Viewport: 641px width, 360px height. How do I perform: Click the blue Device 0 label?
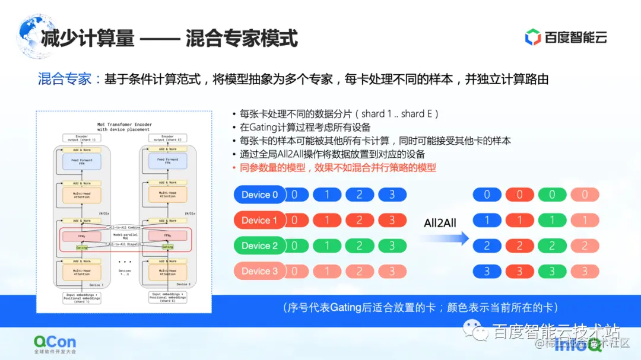click(259, 195)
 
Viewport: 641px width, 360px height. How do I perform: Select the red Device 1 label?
click(259, 221)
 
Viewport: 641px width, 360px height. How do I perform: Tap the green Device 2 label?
click(259, 246)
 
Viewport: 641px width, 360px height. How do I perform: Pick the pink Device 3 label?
click(259, 271)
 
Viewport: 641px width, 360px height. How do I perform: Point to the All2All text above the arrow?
click(440, 223)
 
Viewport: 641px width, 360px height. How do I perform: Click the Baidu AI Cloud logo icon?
click(533, 37)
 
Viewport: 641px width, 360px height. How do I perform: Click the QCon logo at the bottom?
click(55, 343)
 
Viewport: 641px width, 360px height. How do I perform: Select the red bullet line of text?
click(338, 168)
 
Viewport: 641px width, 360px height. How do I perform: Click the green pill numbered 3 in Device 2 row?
click(392, 246)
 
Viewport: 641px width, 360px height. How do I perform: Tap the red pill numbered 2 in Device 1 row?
click(359, 221)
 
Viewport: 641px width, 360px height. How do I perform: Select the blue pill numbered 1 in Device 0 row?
click(327, 195)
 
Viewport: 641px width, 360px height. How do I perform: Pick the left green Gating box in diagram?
click(82, 247)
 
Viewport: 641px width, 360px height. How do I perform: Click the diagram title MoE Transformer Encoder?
click(124, 125)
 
